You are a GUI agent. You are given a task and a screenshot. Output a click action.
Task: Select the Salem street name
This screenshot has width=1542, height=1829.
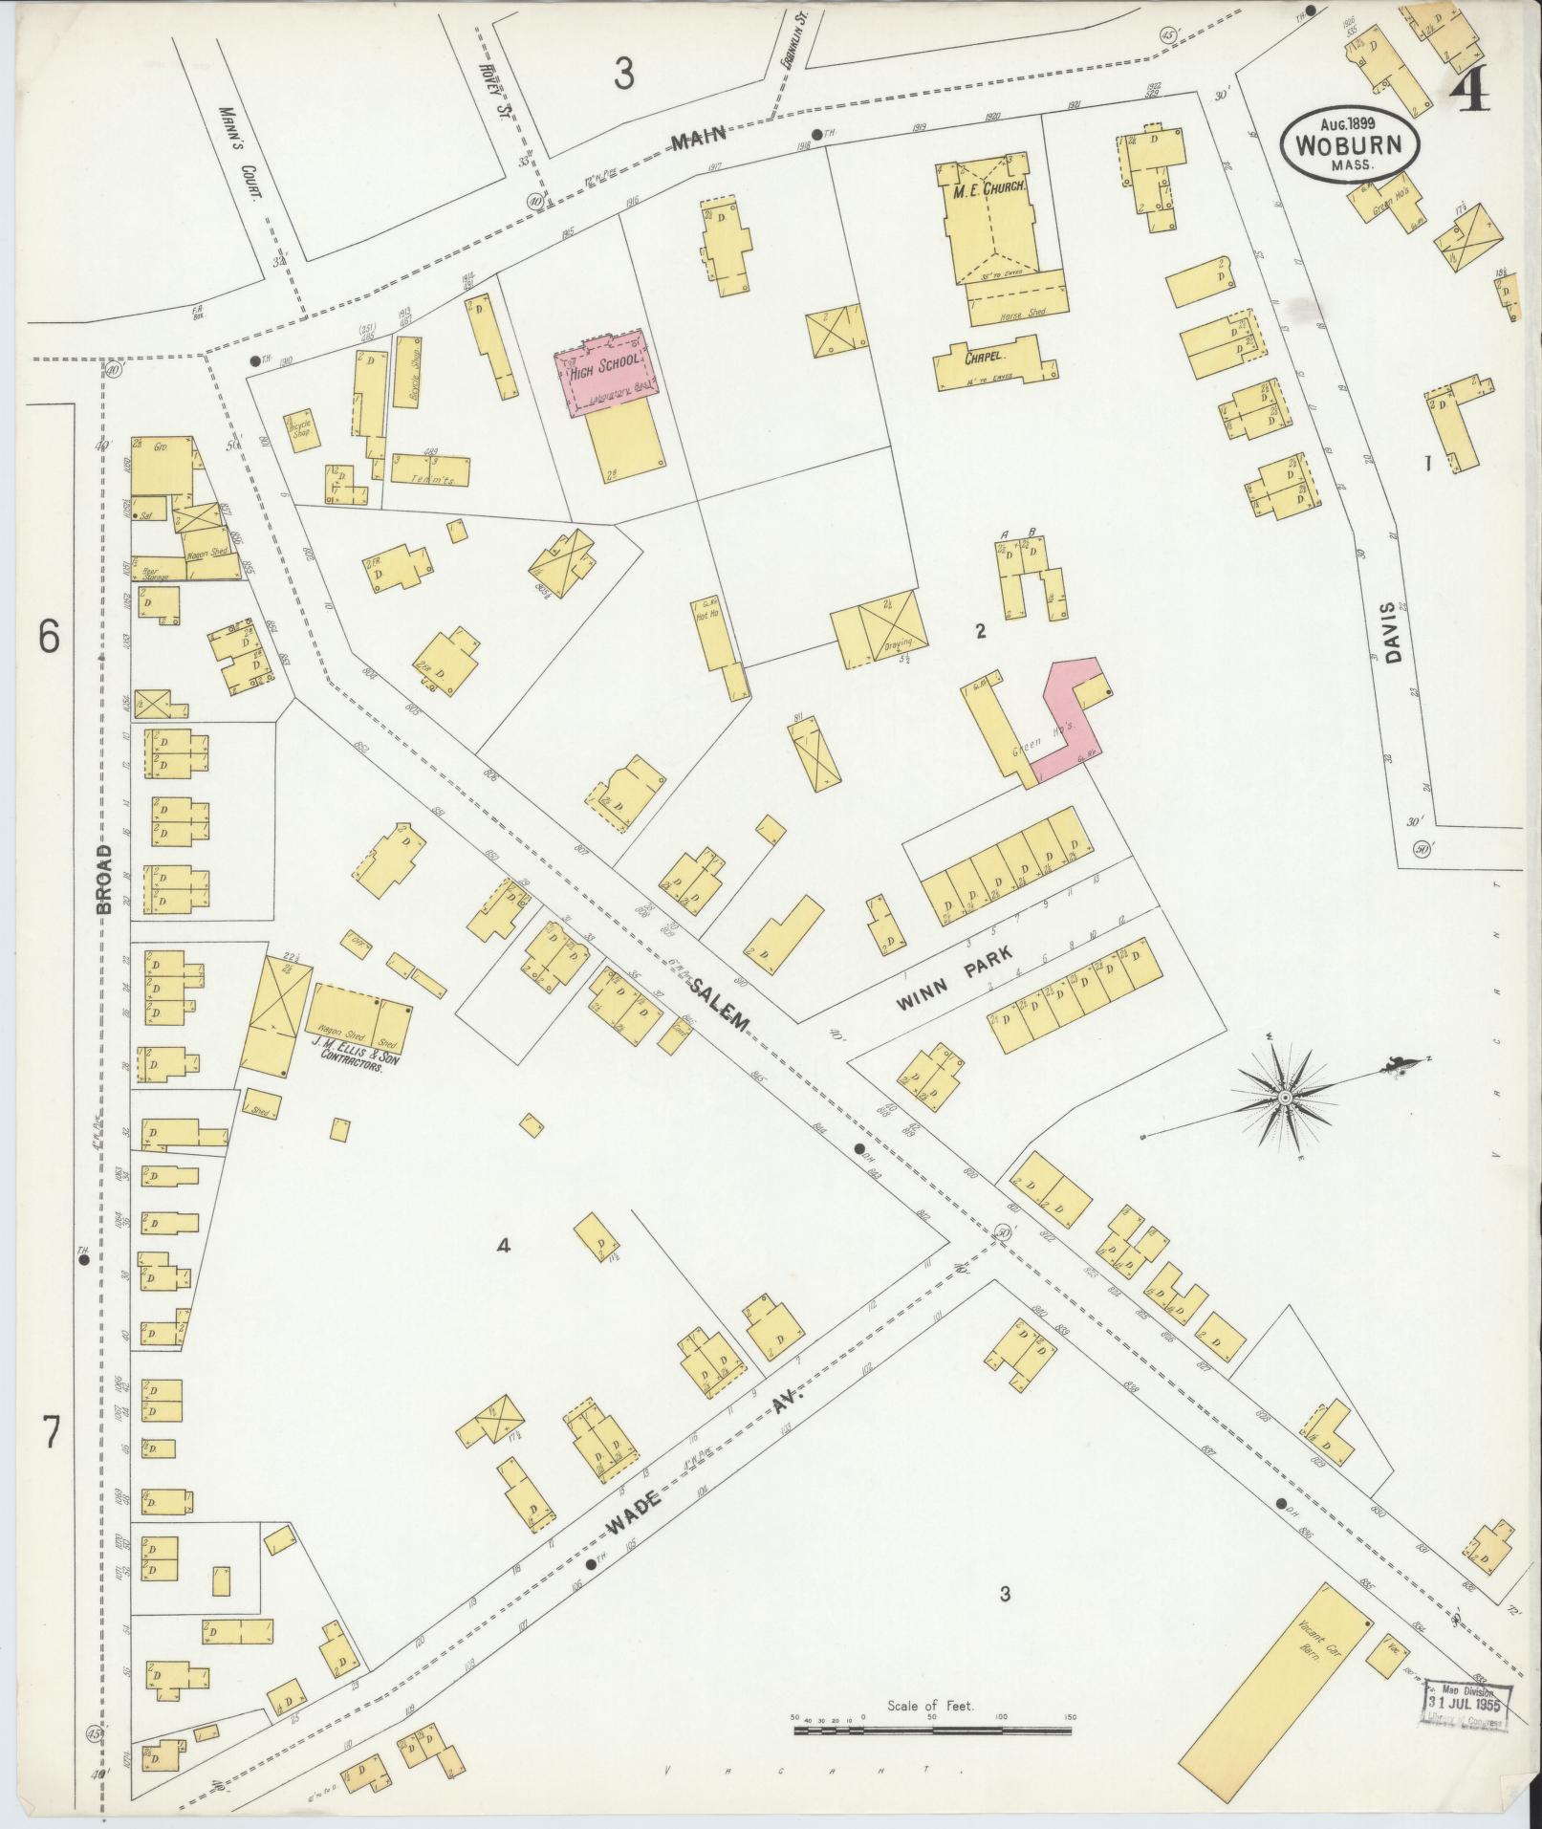(x=722, y=1004)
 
